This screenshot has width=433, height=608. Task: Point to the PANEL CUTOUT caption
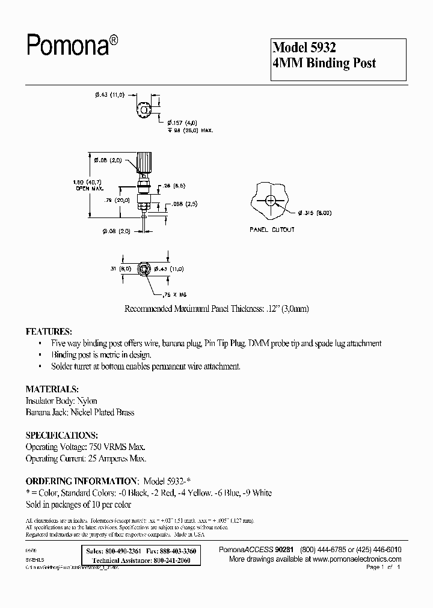click(272, 230)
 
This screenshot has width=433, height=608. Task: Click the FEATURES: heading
click(49, 332)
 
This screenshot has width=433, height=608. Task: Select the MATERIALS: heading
click(52, 389)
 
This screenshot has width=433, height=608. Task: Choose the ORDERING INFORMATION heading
click(81, 481)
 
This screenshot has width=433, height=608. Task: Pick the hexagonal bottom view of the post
click(144, 269)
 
